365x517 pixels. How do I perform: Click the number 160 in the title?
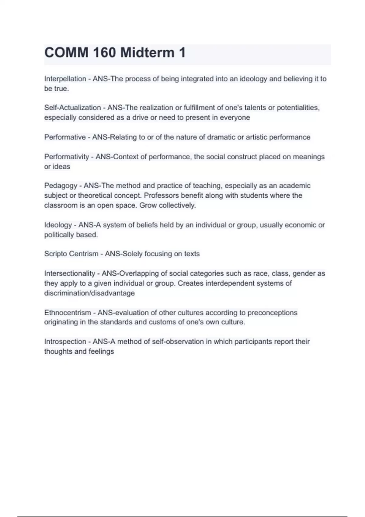click(104, 53)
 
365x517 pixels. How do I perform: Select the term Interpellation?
click(65, 79)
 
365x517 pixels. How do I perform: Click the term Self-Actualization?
click(72, 108)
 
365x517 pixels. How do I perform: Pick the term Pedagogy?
click(61, 186)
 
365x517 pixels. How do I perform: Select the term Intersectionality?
click(70, 273)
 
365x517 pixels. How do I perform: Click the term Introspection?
click(65, 342)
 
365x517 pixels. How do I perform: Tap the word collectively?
click(177, 206)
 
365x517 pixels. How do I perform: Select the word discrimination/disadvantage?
click(89, 293)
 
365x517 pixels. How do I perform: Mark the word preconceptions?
click(272, 313)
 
